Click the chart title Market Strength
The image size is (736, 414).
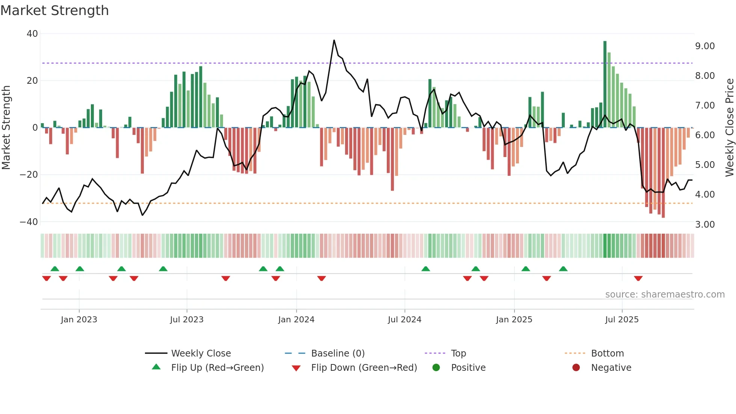click(x=54, y=11)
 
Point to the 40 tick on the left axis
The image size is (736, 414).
click(x=32, y=34)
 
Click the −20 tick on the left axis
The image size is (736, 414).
click(x=29, y=175)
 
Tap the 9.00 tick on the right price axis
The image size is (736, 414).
click(x=705, y=46)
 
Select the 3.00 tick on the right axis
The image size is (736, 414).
click(x=705, y=225)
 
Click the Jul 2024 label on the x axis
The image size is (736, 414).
click(x=404, y=320)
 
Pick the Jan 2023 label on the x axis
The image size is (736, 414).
click(x=79, y=320)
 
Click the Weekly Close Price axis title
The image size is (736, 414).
click(x=729, y=128)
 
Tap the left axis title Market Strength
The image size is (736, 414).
click(x=6, y=128)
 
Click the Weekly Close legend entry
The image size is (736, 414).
click(x=201, y=354)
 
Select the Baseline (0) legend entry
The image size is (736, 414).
click(x=338, y=354)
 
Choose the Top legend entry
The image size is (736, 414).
click(x=458, y=354)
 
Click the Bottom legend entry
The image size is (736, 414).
click(x=607, y=354)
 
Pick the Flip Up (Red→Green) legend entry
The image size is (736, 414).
click(x=217, y=368)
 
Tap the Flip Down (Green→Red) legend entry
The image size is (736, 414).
click(x=364, y=368)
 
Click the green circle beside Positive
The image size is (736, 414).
click(x=436, y=367)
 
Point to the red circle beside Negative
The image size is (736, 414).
click(x=576, y=367)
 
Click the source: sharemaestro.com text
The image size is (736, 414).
click(x=665, y=295)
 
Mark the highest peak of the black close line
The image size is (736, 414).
click(x=334, y=41)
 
